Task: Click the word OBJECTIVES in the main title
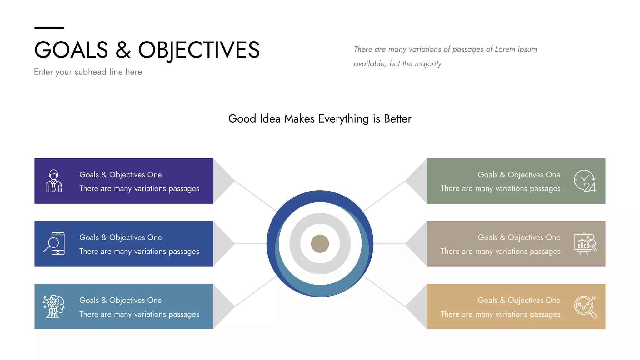(199, 50)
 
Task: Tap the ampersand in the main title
(123, 50)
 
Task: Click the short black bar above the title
(49, 28)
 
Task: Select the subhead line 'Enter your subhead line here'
(88, 72)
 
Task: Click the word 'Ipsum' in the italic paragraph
(527, 49)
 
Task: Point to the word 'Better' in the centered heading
(397, 119)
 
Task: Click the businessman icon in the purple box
(54, 181)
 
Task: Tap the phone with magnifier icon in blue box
(54, 244)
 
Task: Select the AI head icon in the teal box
(54, 307)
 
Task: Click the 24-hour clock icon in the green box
(585, 181)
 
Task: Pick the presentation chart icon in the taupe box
(585, 244)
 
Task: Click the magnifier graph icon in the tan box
(585, 307)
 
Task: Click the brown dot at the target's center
(320, 244)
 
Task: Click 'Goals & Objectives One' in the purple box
(120, 174)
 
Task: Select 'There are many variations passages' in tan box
(500, 314)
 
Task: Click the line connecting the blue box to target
(250, 244)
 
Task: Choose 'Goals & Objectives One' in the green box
(519, 174)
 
